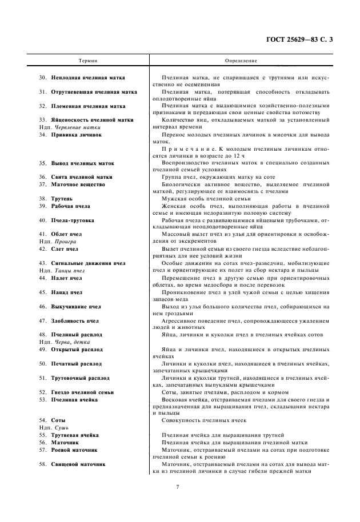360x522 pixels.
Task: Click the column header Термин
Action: coord(87,61)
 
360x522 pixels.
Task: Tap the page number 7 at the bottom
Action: coord(178,487)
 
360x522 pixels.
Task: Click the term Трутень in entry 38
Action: coord(61,198)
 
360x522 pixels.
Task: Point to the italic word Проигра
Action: coord(65,242)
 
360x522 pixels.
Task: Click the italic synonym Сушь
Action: coord(60,427)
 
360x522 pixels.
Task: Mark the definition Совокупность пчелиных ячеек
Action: coord(204,420)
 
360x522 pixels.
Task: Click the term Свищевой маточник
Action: coord(78,464)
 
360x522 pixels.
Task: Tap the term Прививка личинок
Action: coord(76,135)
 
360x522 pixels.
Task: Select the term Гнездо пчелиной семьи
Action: coord(82,392)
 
